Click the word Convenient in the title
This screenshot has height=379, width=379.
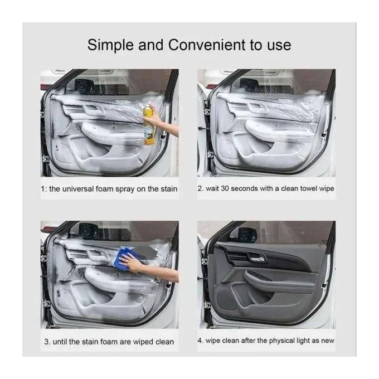(x=207, y=45)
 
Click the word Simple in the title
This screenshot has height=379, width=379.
(x=110, y=46)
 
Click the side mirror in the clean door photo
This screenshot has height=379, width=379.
(x=246, y=235)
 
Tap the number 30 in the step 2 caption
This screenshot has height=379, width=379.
(x=225, y=188)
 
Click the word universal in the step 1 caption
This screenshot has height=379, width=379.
(x=78, y=189)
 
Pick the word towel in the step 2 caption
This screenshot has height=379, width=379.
(x=308, y=188)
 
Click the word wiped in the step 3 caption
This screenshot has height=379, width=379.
(x=143, y=342)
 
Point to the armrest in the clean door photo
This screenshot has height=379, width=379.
(x=278, y=281)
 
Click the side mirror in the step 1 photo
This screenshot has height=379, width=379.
(x=85, y=85)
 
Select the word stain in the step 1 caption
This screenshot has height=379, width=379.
(x=169, y=189)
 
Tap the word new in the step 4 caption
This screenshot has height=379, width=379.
(x=328, y=341)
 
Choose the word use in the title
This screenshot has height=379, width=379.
(x=279, y=46)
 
